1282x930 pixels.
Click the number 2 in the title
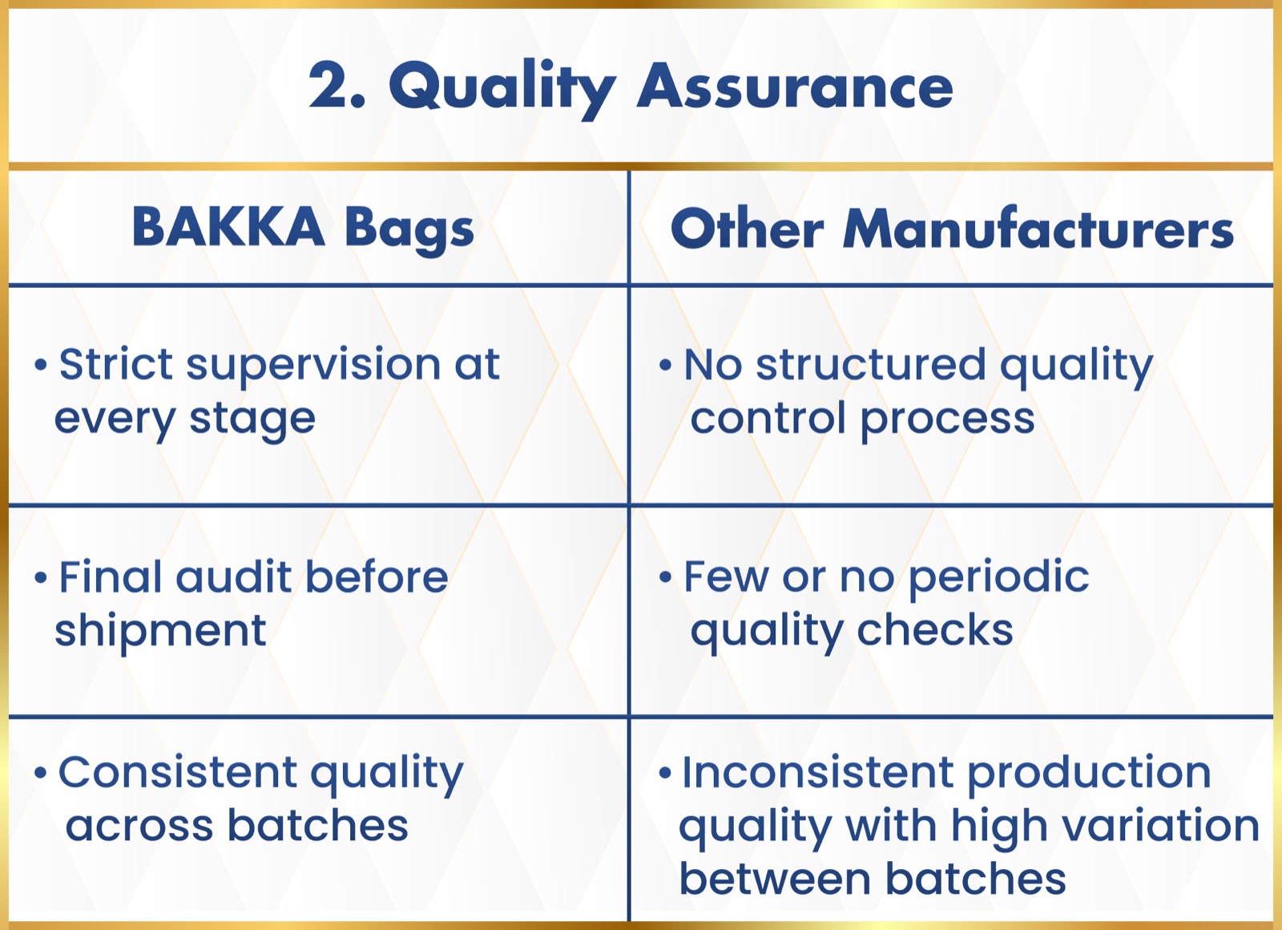329,85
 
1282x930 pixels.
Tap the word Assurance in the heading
795,87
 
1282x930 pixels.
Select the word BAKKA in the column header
228,227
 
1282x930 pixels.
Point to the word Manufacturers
1038,228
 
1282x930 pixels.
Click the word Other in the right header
747,228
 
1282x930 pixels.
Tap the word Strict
115,364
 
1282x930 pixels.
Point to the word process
947,421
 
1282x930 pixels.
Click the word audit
233,576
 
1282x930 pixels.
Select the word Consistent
177,772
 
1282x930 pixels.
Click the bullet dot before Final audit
40,577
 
